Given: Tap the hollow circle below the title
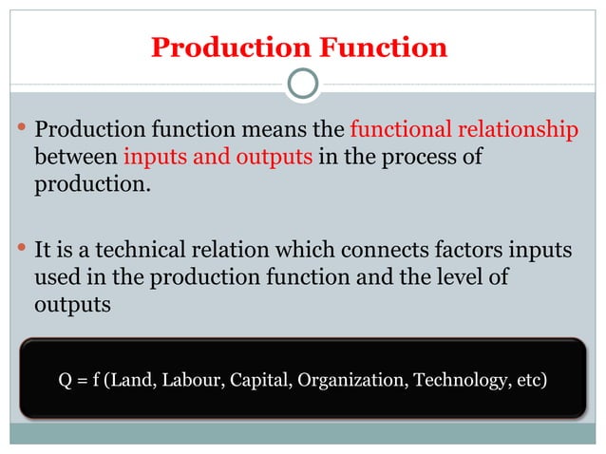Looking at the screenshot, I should pyautogui.click(x=302, y=85).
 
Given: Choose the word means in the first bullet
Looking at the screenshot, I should pyautogui.click(x=268, y=130).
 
